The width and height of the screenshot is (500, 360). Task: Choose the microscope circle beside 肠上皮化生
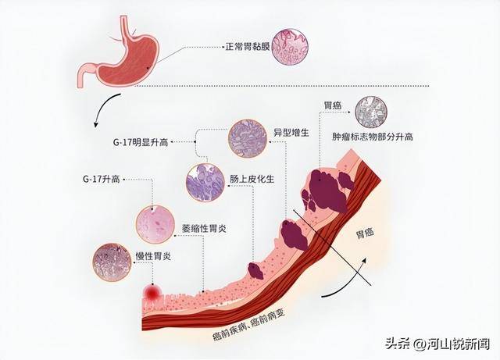click(205, 183)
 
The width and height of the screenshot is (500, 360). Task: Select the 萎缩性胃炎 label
click(205, 228)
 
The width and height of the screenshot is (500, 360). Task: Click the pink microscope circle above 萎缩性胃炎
click(155, 223)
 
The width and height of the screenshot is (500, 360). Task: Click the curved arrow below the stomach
click(105, 109)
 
